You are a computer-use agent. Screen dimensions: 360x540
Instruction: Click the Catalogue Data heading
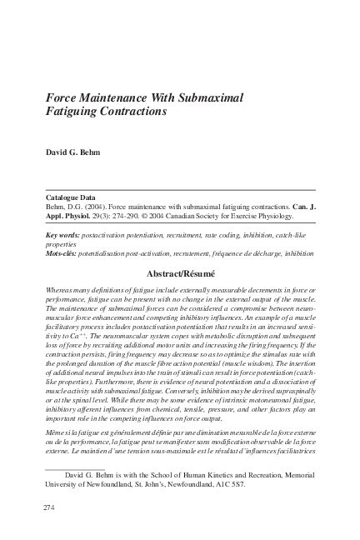[x=72, y=197]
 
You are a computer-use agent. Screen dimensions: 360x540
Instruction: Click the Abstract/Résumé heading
[x=179, y=272]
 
